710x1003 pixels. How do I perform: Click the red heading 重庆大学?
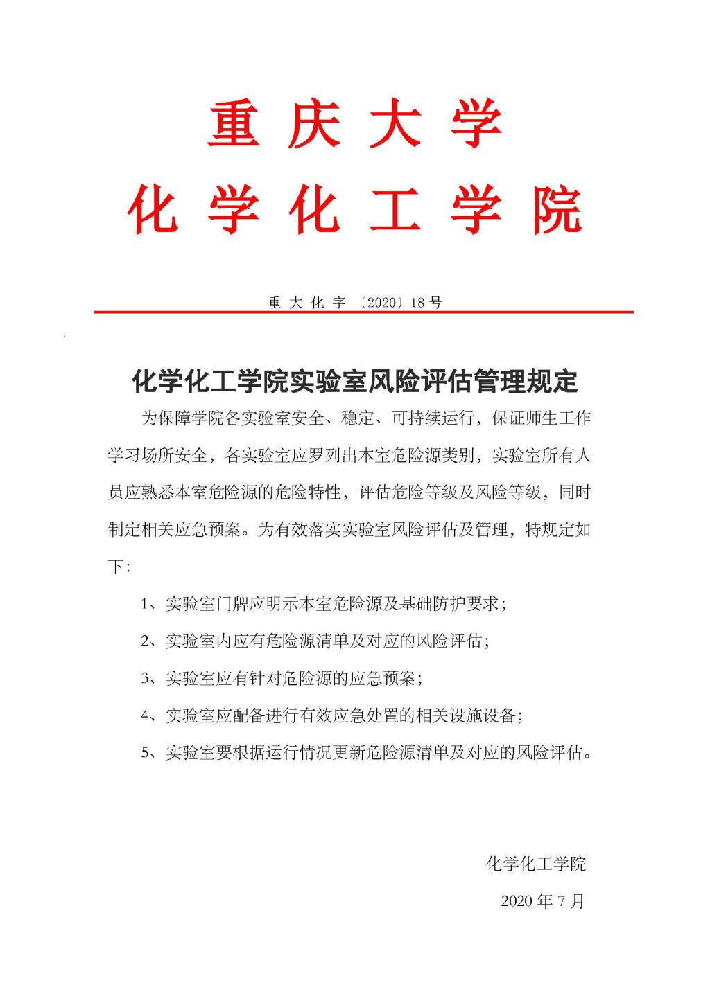355,125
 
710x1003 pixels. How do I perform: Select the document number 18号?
426,303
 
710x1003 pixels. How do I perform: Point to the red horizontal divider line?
363,312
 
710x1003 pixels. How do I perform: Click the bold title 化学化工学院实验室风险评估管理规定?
354,380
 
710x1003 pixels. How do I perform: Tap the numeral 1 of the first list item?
146,604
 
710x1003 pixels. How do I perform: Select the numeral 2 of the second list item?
146,641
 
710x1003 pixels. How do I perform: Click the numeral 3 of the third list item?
146,678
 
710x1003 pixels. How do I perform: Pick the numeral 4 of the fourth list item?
146,716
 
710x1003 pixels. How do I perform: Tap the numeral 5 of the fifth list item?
146,752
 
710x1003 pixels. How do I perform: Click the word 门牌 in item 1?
232,604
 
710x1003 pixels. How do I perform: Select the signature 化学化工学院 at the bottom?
535,864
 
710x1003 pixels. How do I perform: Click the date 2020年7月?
542,901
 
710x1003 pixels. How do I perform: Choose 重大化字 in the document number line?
306,303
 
